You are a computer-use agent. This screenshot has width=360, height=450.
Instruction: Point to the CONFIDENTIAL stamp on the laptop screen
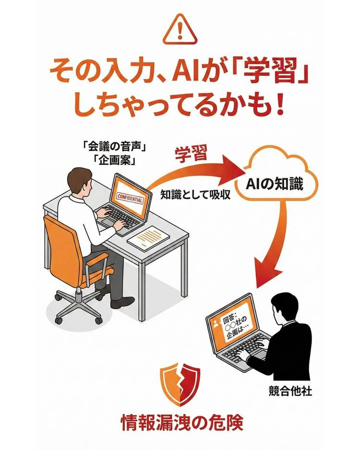pyautogui.click(x=130, y=198)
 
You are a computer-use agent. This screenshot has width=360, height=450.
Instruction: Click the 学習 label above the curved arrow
pyautogui.click(x=191, y=154)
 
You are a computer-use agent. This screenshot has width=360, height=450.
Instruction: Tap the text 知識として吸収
pyautogui.click(x=195, y=195)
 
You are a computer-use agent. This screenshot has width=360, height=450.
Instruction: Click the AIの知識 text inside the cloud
pyautogui.click(x=274, y=184)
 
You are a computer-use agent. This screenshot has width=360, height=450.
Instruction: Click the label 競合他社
pyautogui.click(x=290, y=391)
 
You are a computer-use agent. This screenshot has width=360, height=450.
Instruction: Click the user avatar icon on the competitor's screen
pyautogui.click(x=216, y=324)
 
